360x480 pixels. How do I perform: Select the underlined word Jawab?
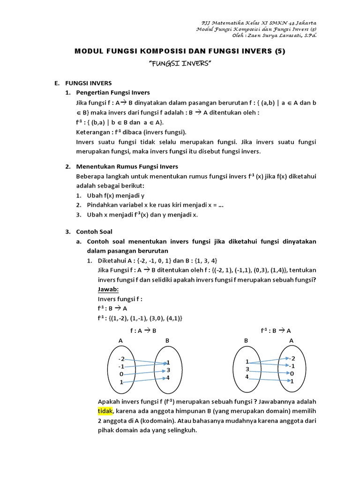coord(108,289)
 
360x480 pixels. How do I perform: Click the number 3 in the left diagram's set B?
coord(167,370)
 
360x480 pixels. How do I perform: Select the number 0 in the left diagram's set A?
coord(121,374)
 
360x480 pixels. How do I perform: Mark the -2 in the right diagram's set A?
coord(292,358)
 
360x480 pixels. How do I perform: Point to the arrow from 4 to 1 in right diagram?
coord(270,379)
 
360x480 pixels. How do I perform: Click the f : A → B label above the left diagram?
coord(143,330)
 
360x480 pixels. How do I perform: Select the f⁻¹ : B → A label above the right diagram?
coord(277,330)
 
